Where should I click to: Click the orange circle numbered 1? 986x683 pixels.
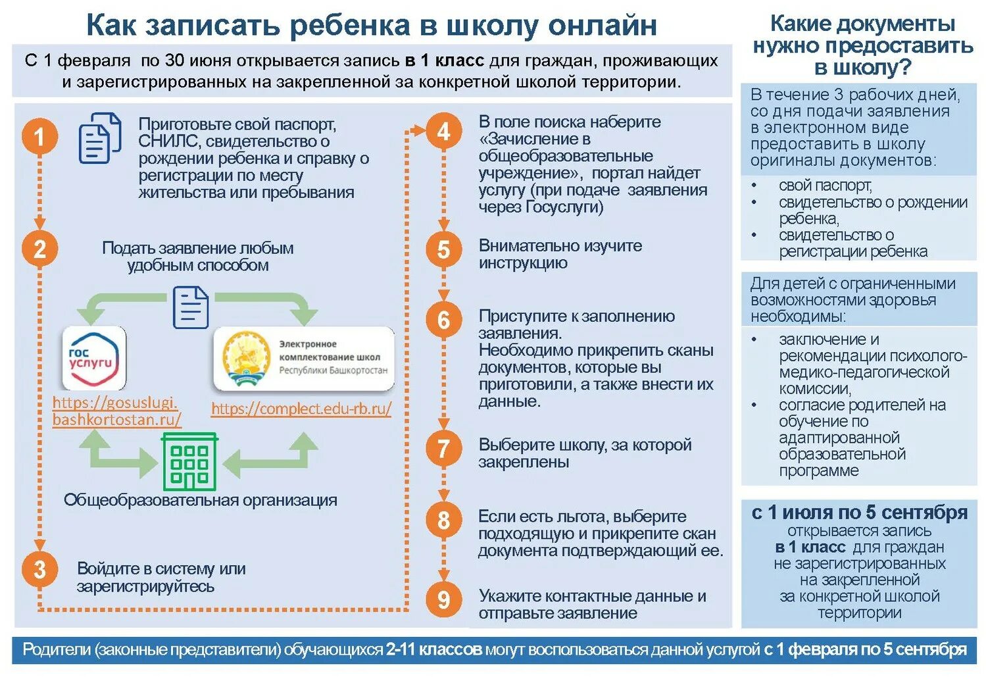point(39,136)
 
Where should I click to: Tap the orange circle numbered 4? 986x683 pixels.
point(443,132)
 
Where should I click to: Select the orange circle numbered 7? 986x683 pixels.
point(443,449)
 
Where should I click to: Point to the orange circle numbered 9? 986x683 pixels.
point(443,599)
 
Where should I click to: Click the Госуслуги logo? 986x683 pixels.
point(94,358)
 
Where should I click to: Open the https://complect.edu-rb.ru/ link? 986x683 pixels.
point(301,409)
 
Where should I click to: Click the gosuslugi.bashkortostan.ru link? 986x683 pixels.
point(116,411)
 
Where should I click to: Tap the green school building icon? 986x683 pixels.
point(189,461)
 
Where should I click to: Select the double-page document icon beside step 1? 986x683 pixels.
point(100,138)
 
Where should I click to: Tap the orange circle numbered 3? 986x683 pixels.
point(39,569)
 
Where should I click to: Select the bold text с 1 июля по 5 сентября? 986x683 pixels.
point(859,512)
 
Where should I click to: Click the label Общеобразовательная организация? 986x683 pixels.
point(200,500)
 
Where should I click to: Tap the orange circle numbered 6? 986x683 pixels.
point(443,320)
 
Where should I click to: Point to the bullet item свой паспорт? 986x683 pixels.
point(825,186)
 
